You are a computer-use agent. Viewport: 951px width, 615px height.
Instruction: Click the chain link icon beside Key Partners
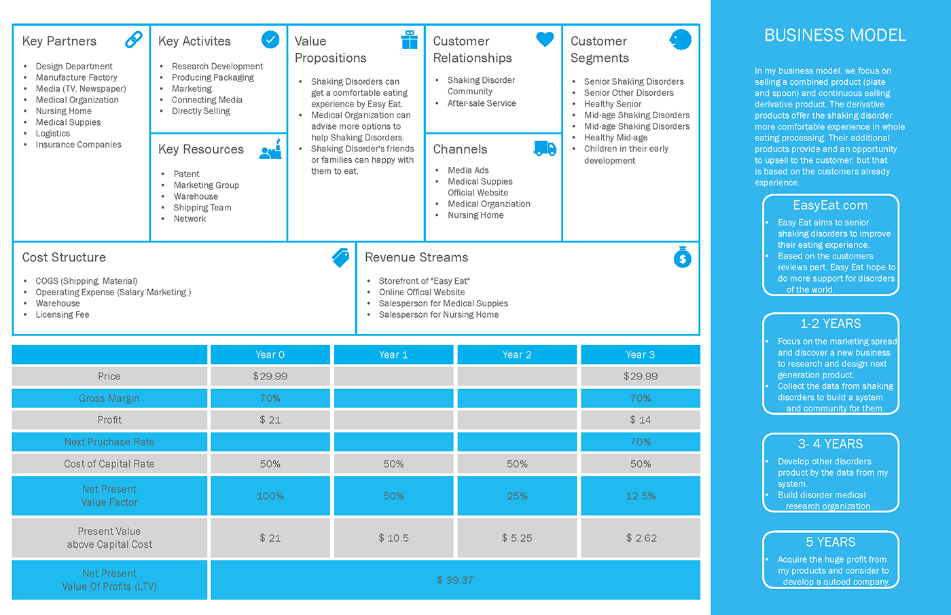coord(134,40)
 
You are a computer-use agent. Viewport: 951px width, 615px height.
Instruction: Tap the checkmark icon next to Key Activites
coord(270,39)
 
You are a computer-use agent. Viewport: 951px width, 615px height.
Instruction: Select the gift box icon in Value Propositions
coord(410,39)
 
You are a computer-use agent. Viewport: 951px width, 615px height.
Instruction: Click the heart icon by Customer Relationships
coord(545,39)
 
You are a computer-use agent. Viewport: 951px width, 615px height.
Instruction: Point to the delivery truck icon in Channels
coord(545,148)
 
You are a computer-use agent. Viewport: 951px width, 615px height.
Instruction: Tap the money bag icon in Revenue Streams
coord(682,257)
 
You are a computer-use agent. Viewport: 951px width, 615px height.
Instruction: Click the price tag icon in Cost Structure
coord(340,257)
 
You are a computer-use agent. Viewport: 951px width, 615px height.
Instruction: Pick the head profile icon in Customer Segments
coord(680,39)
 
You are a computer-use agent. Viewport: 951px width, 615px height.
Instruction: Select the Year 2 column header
coord(517,354)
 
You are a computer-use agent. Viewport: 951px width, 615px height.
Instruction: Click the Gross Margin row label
coord(109,398)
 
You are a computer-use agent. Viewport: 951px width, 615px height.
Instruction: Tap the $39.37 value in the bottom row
coord(455,580)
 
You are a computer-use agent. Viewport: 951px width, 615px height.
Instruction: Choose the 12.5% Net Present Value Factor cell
coord(641,496)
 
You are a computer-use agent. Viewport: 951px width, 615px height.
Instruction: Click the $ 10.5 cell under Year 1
coord(393,538)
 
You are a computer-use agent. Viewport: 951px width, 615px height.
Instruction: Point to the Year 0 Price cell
coord(270,376)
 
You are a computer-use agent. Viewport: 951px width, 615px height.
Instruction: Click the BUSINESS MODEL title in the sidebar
coord(835,35)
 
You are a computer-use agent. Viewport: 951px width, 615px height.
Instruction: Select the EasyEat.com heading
coord(830,205)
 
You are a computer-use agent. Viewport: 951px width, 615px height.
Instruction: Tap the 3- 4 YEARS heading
coord(830,444)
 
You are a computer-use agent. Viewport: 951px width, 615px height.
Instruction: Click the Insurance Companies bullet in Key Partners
coord(78,145)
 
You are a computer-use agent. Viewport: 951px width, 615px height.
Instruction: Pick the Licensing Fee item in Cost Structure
coord(62,314)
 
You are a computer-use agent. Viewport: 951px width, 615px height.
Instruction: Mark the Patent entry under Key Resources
coord(186,174)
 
